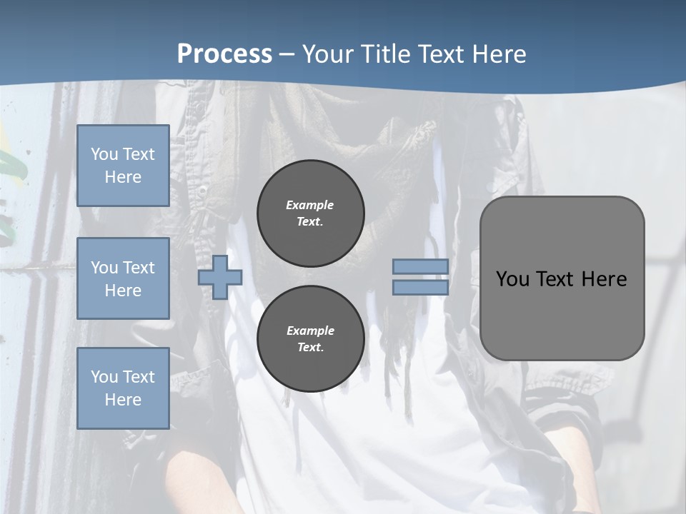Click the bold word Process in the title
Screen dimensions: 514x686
click(x=224, y=54)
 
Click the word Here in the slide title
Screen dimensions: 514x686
click(x=497, y=54)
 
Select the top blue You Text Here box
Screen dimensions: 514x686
click(x=123, y=166)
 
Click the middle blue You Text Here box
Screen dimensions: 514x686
click(x=123, y=278)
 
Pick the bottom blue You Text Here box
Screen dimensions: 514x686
click(x=123, y=388)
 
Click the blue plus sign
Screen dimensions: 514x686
click(x=220, y=277)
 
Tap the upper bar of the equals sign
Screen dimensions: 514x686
click(x=420, y=266)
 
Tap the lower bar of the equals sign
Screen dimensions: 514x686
click(x=420, y=288)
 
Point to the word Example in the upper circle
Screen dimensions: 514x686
click(x=309, y=205)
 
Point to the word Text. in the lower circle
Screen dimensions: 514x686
click(x=310, y=348)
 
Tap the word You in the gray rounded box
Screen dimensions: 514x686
click(x=513, y=279)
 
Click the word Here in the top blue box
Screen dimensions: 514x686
click(x=123, y=177)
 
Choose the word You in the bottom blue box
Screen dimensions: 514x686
click(x=104, y=377)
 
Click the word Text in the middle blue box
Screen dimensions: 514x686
click(x=139, y=268)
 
